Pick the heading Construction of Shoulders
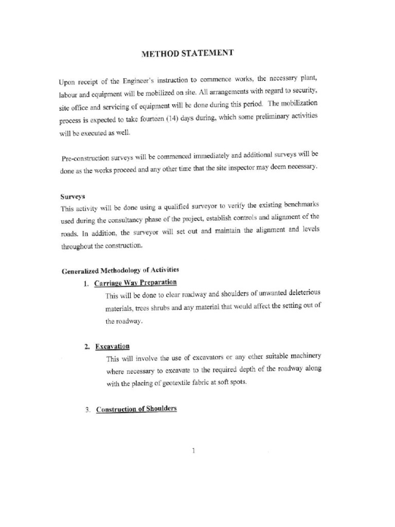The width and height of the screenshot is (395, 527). pos(136,409)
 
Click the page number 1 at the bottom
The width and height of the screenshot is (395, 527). pos(193,451)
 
